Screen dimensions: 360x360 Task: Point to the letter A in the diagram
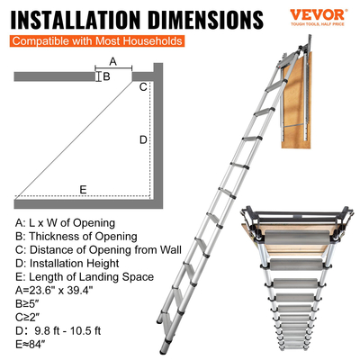(x=112, y=60)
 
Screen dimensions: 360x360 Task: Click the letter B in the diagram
(x=106, y=76)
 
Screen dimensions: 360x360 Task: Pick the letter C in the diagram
(x=142, y=87)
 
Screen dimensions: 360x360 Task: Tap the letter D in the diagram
(x=142, y=139)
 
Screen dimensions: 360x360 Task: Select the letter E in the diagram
(x=83, y=190)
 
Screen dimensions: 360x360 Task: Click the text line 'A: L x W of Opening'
(x=65, y=221)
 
